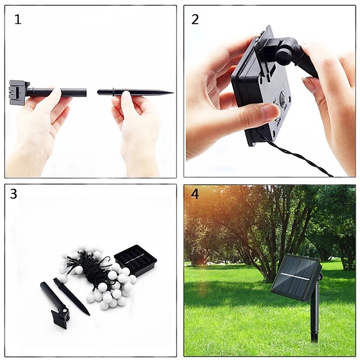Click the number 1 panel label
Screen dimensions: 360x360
tap(18, 19)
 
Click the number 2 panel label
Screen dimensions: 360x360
tap(195, 19)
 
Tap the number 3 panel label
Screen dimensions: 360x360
tap(13, 194)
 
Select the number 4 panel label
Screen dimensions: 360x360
tap(195, 194)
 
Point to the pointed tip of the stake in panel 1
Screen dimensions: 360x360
tap(173, 93)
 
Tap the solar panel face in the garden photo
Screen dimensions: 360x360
tap(295, 277)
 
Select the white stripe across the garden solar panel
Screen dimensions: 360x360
tap(295, 277)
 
